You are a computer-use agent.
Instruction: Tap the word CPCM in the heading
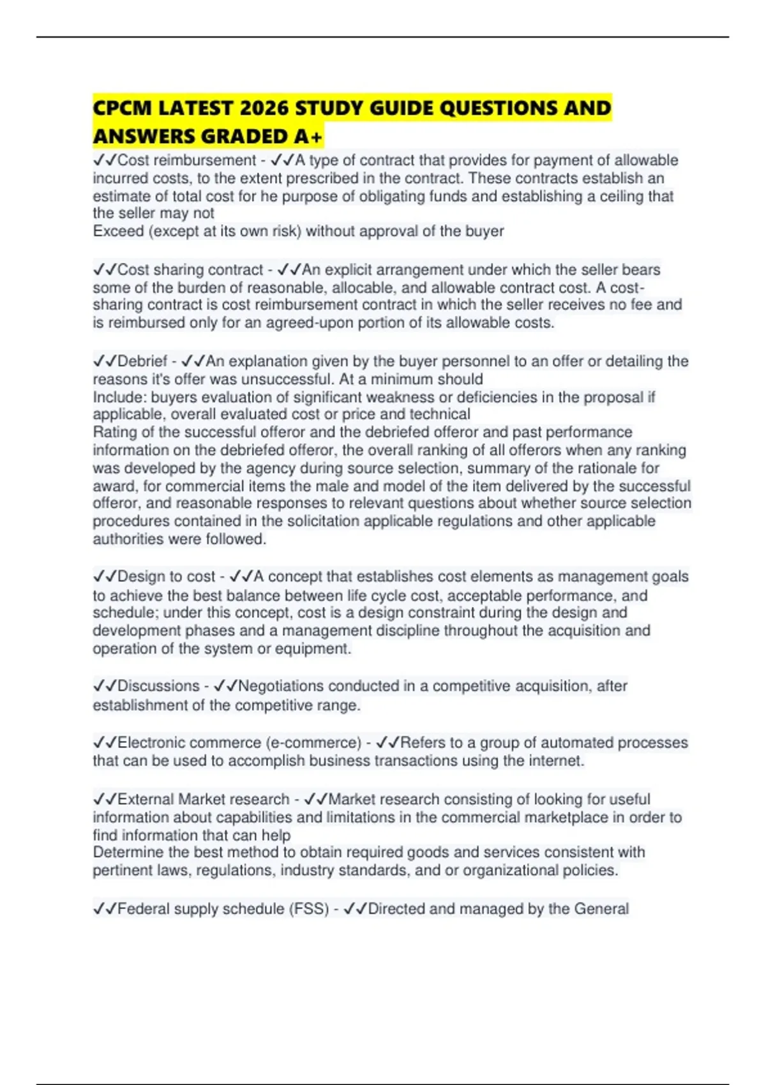[122, 108]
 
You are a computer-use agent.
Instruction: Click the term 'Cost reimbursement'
[187, 160]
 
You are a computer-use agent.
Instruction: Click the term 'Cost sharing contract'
[190, 269]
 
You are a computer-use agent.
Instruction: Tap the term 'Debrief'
[142, 361]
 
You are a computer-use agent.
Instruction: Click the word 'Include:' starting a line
[119, 397]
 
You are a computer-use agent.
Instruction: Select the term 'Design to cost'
[166, 576]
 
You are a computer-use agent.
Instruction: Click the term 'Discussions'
[158, 686]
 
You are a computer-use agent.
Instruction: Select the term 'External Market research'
[203, 799]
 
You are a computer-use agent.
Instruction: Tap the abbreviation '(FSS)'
[310, 909]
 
